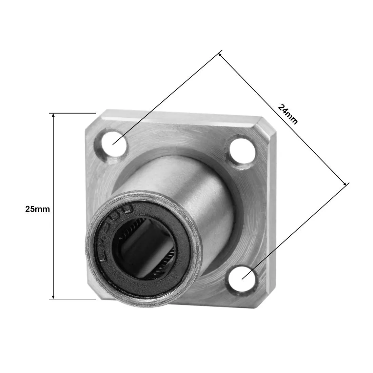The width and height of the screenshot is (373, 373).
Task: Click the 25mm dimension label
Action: [x=37, y=209]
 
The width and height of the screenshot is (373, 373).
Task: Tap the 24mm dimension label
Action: [x=288, y=114]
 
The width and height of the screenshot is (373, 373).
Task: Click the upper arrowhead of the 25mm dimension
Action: [x=53, y=115]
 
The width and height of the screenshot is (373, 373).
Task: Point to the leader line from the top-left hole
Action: [x=166, y=98]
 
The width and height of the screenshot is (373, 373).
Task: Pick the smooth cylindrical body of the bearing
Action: [x=190, y=190]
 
